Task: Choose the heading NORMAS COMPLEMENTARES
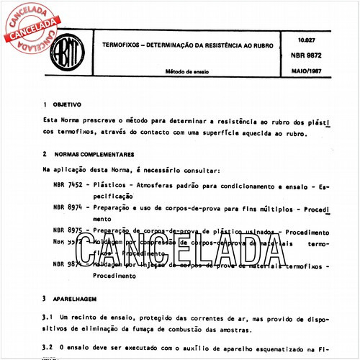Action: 98,154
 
